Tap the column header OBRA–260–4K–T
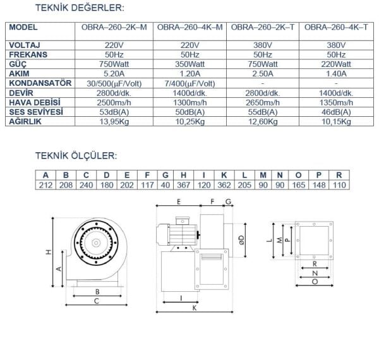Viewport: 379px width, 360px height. click(x=337, y=28)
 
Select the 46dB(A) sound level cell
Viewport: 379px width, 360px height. click(x=337, y=112)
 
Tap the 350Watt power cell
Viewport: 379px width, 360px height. click(x=189, y=64)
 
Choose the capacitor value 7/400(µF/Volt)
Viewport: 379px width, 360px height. click(x=189, y=83)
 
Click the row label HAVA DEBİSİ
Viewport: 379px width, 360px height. click(x=35, y=102)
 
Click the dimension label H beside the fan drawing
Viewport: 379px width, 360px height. click(x=47, y=252)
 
